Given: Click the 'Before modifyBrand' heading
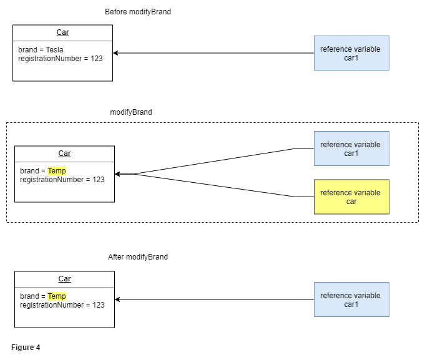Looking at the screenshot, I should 137,12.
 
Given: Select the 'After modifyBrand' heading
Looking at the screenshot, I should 138,257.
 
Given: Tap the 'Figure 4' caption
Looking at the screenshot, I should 26,348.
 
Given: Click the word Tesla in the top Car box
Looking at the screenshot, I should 54,50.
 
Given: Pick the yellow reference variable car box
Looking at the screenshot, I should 351,197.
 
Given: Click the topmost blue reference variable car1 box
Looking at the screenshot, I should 351,53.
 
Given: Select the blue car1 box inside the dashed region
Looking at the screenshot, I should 351,148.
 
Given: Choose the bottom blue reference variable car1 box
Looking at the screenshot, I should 351,299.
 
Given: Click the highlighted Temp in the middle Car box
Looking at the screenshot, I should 57,171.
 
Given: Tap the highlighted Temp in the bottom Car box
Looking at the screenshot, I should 57,296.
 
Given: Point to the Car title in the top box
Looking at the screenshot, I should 62,32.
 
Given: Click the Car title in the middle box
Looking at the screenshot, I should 64,153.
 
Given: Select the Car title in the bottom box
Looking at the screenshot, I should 64,279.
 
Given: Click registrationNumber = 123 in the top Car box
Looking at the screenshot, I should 61,59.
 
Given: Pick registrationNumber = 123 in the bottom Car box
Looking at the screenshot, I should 62,305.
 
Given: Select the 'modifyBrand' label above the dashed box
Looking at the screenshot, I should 131,112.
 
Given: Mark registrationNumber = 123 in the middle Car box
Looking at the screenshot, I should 62,180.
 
